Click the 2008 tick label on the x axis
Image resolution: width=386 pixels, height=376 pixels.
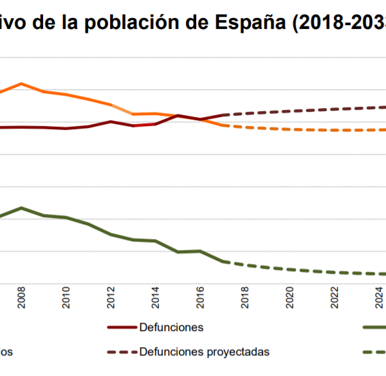pos(21,298)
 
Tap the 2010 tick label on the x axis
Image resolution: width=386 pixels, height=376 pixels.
pos(66,298)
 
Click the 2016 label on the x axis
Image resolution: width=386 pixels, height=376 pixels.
pos(200,298)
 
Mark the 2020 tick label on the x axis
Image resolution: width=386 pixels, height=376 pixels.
pos(289,298)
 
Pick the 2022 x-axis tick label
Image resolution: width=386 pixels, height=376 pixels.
pos(335,298)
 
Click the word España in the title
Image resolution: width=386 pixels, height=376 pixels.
pos(254,24)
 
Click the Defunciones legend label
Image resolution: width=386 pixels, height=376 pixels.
pos(171,327)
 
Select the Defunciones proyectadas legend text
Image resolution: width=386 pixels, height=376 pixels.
pos(204,352)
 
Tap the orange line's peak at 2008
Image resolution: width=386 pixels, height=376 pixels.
pos(21,84)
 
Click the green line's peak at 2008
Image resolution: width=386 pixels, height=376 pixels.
pos(21,208)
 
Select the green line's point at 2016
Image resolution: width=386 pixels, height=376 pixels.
pos(200,251)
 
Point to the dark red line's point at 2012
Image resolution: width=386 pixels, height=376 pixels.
pos(111,121)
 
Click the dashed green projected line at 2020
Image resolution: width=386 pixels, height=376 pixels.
pos(289,269)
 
